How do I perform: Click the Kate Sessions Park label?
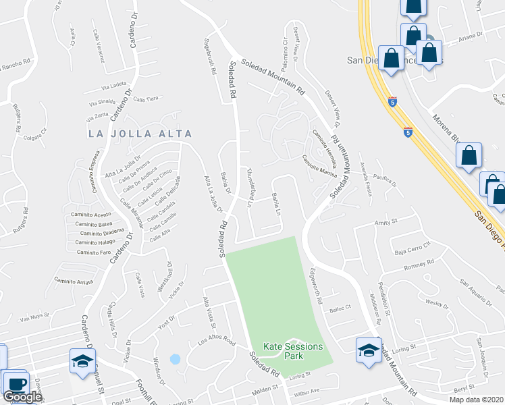click(x=294, y=350)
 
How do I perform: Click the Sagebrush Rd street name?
click(x=209, y=56)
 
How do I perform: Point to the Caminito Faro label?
click(x=93, y=252)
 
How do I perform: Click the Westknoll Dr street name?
click(x=161, y=274)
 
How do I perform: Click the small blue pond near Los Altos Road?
click(x=176, y=359)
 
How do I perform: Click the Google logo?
click(x=22, y=397)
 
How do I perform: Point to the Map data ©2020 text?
click(x=477, y=400)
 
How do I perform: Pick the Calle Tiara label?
click(x=146, y=99)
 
